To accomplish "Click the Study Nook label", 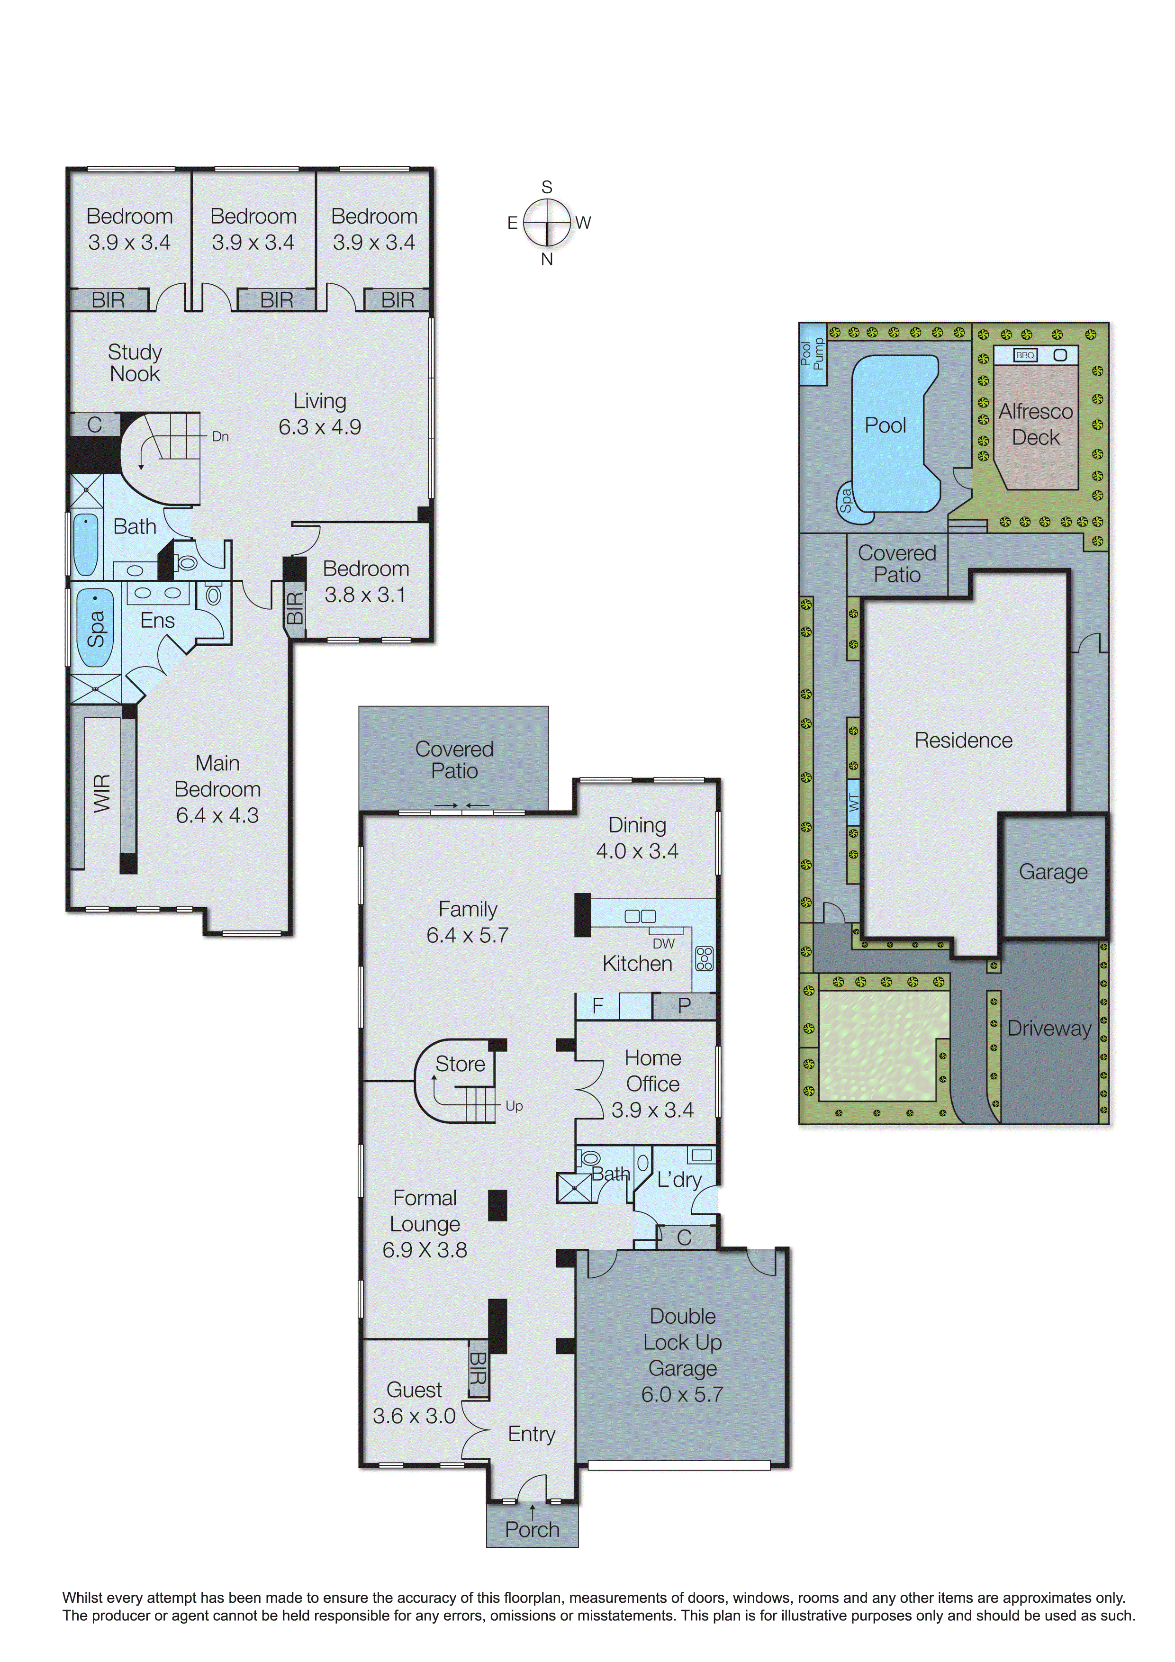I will [x=135, y=362].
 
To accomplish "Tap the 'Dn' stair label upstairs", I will [x=220, y=436].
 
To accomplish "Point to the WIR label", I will [x=102, y=793].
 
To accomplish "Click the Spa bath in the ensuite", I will [x=96, y=628].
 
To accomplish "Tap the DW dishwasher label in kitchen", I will [x=663, y=943].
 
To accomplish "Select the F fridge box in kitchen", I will [x=598, y=1005].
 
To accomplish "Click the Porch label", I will [x=532, y=1529].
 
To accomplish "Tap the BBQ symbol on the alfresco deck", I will [x=1025, y=355].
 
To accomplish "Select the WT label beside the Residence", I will [x=854, y=802].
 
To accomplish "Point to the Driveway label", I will [x=1049, y=1028].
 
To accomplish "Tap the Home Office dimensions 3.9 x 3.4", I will [x=652, y=1110].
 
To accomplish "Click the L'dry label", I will [x=679, y=1179].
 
